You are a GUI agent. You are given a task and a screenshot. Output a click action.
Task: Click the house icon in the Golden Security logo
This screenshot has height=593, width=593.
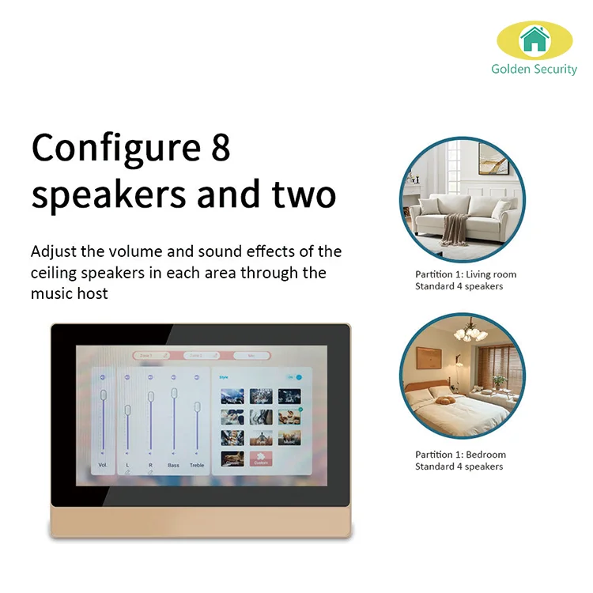tap(534, 40)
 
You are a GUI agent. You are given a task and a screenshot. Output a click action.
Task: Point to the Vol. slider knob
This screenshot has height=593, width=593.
tap(103, 395)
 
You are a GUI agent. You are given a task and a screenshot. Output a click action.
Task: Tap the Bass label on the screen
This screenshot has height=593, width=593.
tap(173, 465)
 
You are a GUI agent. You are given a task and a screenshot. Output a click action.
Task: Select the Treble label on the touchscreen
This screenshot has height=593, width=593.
tap(197, 465)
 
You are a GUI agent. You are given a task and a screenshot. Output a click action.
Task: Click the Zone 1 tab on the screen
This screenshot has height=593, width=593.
tap(151, 356)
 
